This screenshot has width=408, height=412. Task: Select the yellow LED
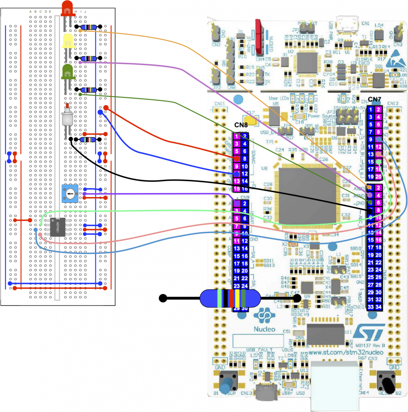click(x=67, y=41)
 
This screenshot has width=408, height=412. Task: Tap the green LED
click(x=67, y=72)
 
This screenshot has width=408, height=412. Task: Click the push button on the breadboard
click(x=67, y=117)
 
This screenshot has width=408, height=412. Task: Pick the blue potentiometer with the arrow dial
click(x=70, y=193)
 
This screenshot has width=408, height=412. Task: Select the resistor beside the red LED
click(x=89, y=27)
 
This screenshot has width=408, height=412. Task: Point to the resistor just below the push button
click(x=89, y=140)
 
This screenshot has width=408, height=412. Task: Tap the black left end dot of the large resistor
click(x=163, y=298)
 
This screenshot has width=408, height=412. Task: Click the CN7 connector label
click(x=375, y=99)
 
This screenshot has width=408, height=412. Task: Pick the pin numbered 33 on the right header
click(x=371, y=307)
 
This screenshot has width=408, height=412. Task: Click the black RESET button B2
click(x=388, y=383)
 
